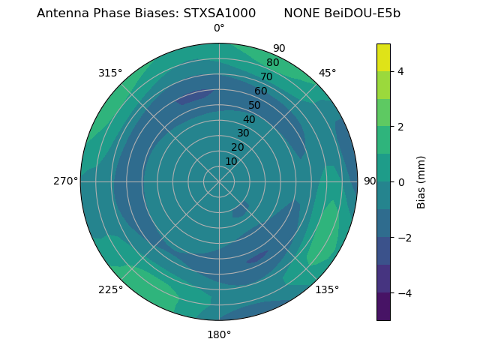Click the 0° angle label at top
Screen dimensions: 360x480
(219, 28)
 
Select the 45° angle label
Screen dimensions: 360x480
(327, 73)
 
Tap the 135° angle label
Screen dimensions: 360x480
(327, 289)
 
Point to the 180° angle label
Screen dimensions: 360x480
(219, 334)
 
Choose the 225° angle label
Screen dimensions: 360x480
(110, 289)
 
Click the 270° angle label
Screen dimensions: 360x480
(65, 181)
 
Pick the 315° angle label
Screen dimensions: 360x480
(110, 73)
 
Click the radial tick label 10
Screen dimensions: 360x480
(231, 161)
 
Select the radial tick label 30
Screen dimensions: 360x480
(243, 133)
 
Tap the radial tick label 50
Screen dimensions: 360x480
(255, 105)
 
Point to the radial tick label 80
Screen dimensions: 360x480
(273, 62)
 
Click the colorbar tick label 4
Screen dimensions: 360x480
(401, 71)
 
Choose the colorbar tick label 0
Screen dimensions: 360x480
(401, 181)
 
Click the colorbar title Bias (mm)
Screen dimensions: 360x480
(421, 181)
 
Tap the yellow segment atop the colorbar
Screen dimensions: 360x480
(383, 57)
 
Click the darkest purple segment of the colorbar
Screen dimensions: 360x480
(383, 307)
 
